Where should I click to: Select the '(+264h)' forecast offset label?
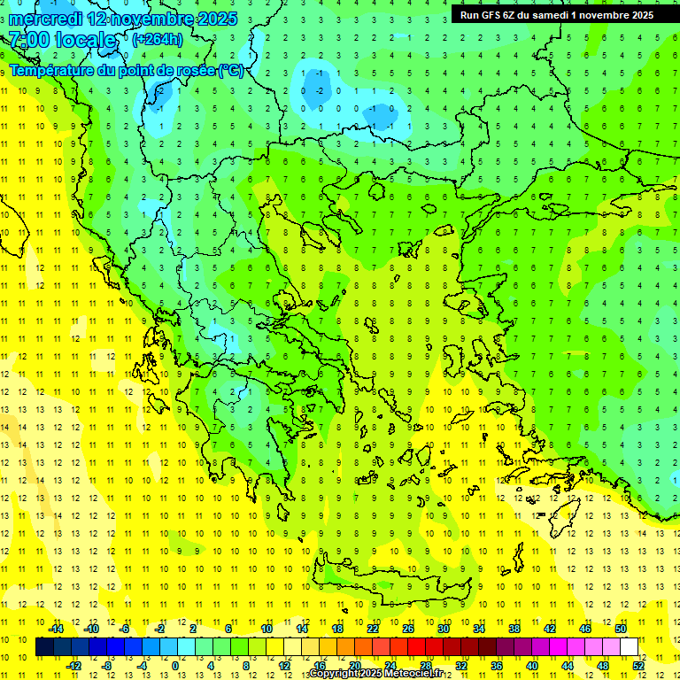[157, 39]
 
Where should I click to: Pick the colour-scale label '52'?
[638, 666]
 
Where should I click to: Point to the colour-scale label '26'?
[408, 629]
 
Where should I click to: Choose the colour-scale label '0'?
[175, 666]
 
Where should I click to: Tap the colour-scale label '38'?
[514, 629]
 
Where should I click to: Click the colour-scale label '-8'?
[108, 666]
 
